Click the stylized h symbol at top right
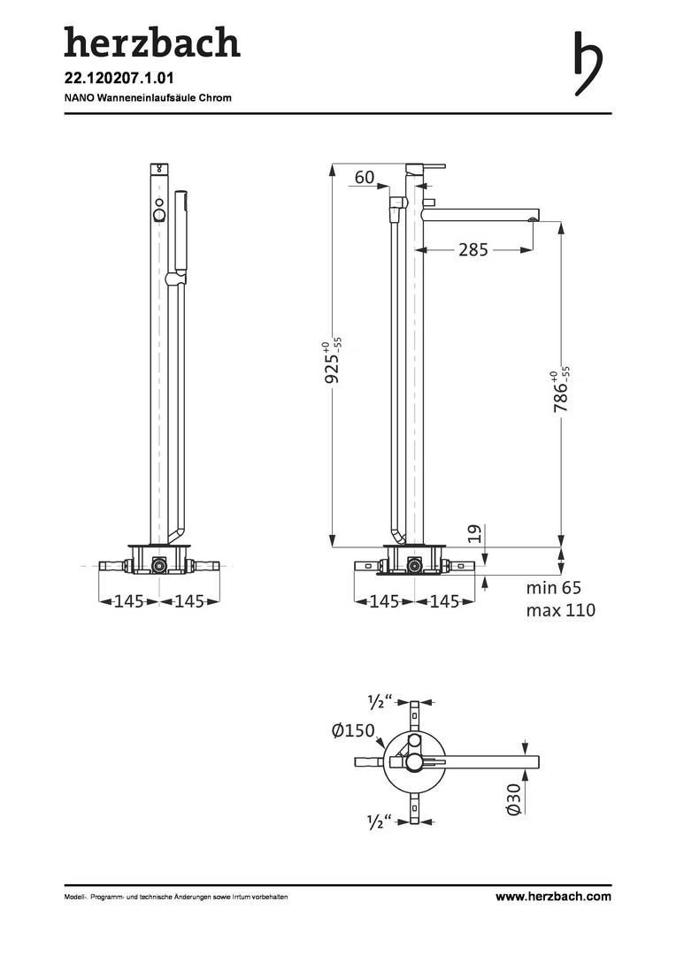coord(588,64)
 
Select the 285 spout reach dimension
coord(473,249)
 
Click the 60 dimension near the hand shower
coord(364,177)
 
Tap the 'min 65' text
coord(554,588)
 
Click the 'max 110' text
coord(561,609)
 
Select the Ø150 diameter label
coord(354,730)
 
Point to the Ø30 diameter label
coord(513,799)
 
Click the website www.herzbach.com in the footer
coord(553,896)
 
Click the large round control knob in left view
coord(159,215)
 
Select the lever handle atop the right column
coord(426,166)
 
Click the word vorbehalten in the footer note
coord(272,897)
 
